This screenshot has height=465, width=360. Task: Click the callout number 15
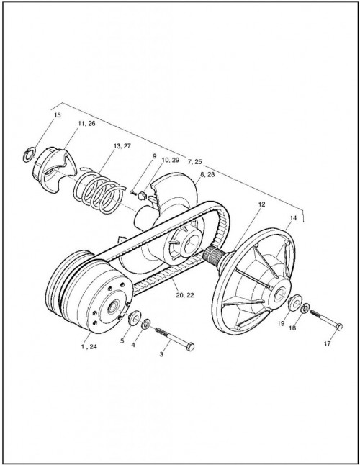[x=57, y=115]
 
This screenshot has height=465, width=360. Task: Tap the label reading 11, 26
[x=86, y=124]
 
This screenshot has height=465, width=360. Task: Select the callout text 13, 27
[x=122, y=146]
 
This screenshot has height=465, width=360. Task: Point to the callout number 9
[x=154, y=156]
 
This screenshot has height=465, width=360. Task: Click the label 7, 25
[x=194, y=162]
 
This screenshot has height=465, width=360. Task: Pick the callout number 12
[x=261, y=204]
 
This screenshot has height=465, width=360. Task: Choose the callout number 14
[x=293, y=218]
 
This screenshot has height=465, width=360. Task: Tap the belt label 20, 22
[x=185, y=295]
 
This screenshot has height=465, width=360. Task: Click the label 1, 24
[x=89, y=346]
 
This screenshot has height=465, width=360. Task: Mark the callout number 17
[x=328, y=344]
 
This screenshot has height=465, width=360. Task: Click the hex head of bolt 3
[x=190, y=347]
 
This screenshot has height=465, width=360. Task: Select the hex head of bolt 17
[x=339, y=327]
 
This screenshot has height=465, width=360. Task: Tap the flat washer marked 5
[x=135, y=318]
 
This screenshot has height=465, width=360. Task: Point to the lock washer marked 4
[x=146, y=324]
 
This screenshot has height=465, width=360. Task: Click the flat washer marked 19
[x=294, y=303]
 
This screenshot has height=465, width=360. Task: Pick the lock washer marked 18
[x=305, y=308]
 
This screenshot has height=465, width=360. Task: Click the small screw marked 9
[x=132, y=192]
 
